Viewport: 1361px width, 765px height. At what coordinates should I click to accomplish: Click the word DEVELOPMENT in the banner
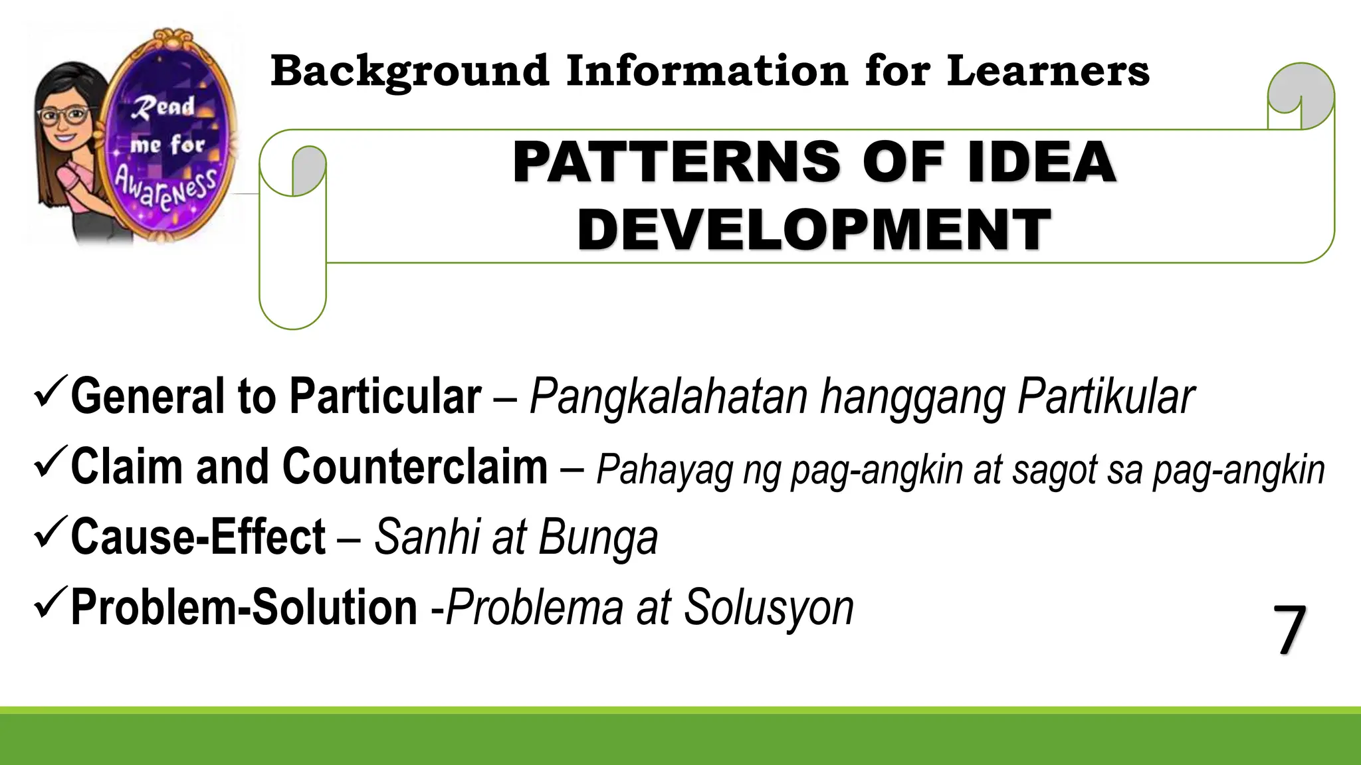tap(814, 230)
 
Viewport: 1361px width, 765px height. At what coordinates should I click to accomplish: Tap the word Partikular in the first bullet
tap(1106, 397)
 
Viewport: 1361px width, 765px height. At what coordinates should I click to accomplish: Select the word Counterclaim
tap(415, 467)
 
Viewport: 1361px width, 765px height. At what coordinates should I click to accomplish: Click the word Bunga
tap(597, 537)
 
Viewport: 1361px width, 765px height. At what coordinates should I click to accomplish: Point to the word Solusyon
tap(768, 608)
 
